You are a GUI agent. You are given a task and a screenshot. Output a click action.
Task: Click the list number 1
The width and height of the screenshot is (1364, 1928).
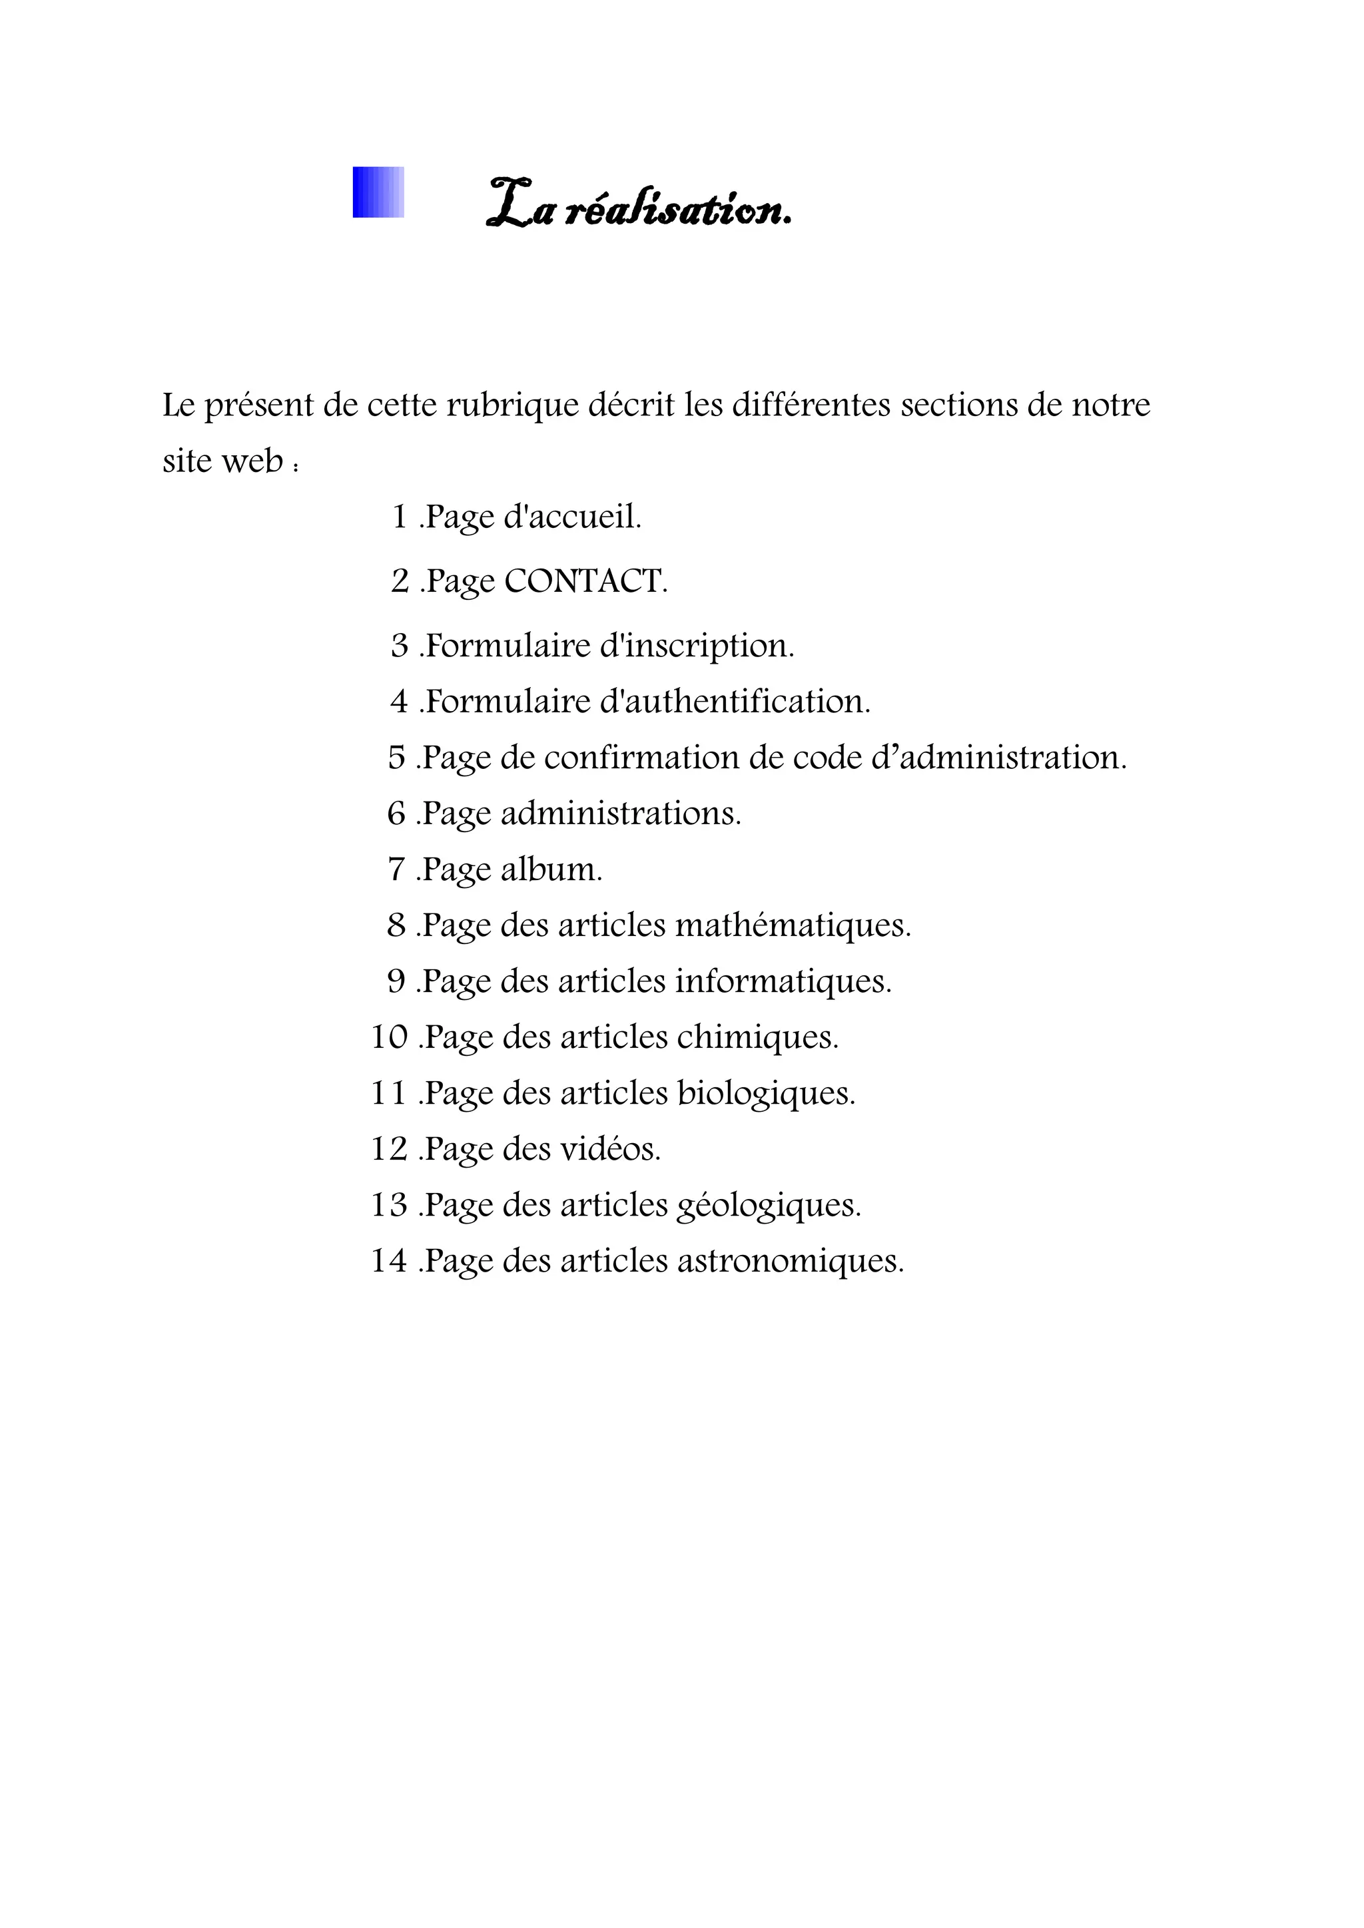click(x=400, y=517)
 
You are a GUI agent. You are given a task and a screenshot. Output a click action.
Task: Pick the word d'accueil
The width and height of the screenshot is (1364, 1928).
click(x=572, y=517)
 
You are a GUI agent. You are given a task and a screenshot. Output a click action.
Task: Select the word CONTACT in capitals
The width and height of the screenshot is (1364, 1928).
click(x=585, y=581)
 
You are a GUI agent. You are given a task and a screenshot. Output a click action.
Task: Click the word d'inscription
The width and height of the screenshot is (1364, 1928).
click(x=696, y=645)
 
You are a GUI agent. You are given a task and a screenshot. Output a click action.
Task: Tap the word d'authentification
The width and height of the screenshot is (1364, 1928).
click(x=735, y=701)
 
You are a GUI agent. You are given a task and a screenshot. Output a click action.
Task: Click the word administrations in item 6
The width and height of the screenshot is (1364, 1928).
click(x=621, y=813)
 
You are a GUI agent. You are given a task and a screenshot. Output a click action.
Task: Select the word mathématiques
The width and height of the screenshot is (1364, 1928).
click(x=792, y=925)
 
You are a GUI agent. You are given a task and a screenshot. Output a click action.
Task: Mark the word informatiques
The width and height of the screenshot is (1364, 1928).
click(x=783, y=981)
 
